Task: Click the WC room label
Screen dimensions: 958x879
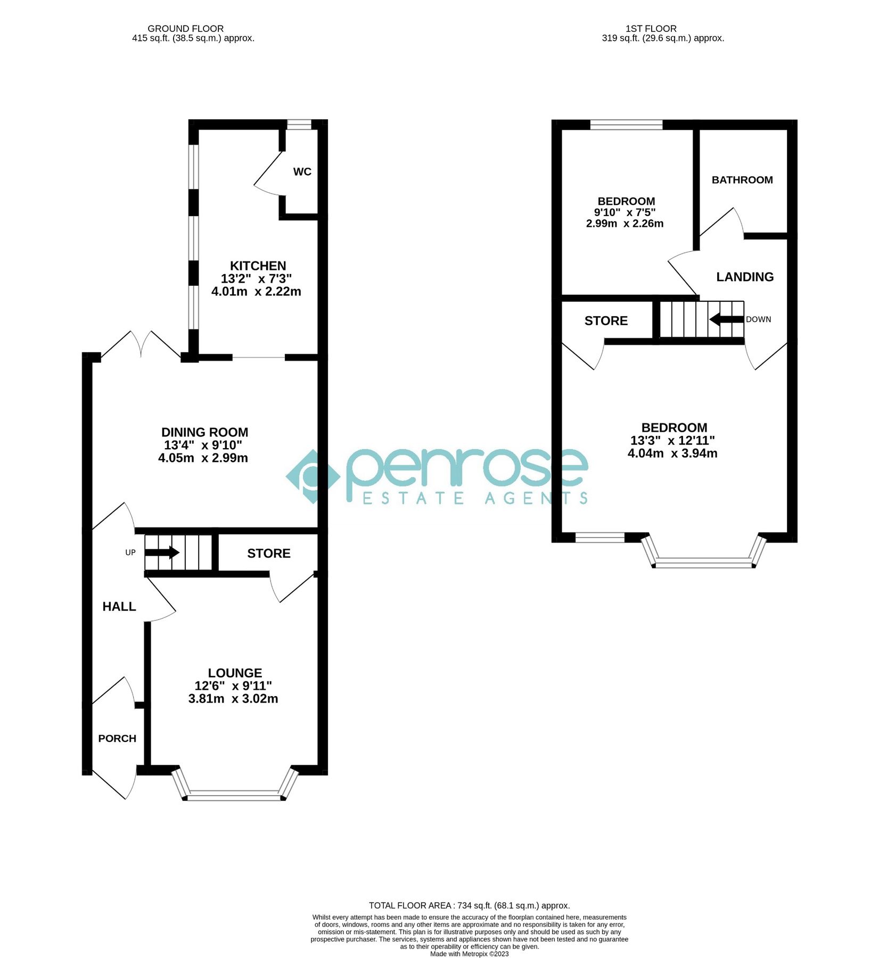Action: tap(302, 172)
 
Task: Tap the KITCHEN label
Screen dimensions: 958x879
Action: tap(258, 266)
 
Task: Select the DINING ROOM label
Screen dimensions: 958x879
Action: tap(204, 432)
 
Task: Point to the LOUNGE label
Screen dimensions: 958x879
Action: tap(235, 673)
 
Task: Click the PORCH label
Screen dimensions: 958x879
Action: tap(117, 738)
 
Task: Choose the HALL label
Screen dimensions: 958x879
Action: tap(119, 606)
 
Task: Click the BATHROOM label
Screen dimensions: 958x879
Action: tap(742, 180)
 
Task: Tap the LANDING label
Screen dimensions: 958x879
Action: tap(745, 277)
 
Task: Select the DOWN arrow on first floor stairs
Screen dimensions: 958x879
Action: tap(726, 319)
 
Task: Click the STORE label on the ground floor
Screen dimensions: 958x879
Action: tap(269, 554)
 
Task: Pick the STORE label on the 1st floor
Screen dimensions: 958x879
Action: tap(606, 321)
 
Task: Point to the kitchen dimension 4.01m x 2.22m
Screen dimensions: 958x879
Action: tap(256, 292)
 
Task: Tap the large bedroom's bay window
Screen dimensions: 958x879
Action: tap(704, 561)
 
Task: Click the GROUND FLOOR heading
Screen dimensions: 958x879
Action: tap(185, 28)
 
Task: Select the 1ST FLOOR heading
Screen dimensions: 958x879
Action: tap(651, 28)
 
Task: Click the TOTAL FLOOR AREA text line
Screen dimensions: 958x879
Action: tap(469, 905)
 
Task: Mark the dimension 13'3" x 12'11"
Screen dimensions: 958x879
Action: tap(672, 440)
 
